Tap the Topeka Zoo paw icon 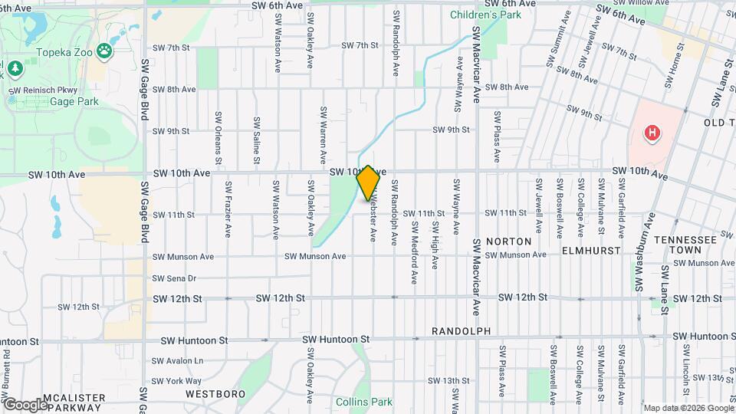(104, 51)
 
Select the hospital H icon (652, 133)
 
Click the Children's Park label (485, 15)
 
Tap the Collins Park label (363, 401)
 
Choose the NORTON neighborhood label (509, 241)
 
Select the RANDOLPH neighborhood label (459, 331)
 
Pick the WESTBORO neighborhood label (215, 394)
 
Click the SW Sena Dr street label (175, 278)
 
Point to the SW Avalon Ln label (178, 360)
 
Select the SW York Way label (177, 380)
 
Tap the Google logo (25, 404)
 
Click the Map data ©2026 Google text (688, 408)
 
